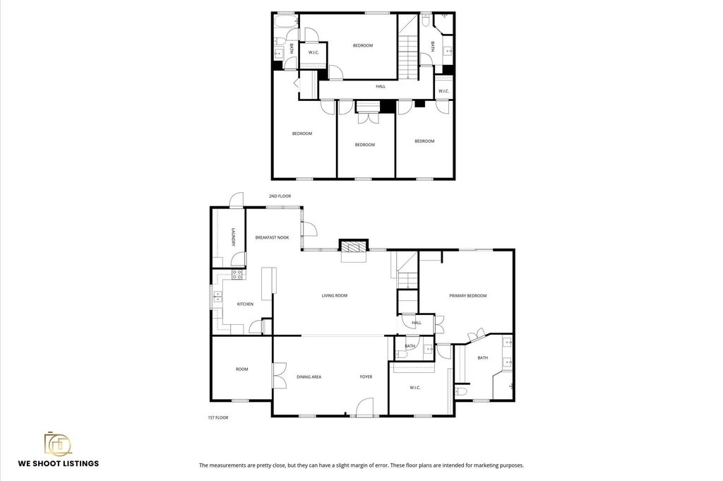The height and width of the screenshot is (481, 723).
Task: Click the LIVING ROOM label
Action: coord(334,296)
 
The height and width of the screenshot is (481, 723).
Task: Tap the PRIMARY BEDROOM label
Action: coord(467,296)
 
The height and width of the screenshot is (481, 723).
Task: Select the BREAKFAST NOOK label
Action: coord(272,237)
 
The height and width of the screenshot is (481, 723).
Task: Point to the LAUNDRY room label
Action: coord(233,237)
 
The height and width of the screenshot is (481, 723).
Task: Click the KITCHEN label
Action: coord(245,304)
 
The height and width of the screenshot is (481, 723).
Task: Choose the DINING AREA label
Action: coord(309,376)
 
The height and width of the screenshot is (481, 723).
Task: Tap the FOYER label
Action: coord(366,376)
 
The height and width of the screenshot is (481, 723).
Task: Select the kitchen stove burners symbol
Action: coord(237,275)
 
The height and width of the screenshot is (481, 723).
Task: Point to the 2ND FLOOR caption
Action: coord(280,196)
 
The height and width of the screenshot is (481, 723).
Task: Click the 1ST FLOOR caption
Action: coord(217,418)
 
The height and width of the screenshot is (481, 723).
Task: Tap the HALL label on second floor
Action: coord(381,86)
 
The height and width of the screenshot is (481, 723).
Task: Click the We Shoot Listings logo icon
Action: coord(58,444)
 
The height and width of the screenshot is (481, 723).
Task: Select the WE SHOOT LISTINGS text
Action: coord(59,463)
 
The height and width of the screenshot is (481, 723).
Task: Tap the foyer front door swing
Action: coord(365,407)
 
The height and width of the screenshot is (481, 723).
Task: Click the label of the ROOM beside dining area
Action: coord(241,369)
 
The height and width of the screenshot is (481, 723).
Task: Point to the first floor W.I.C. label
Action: coord(415,387)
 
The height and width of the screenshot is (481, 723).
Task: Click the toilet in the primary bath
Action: coord(461,391)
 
